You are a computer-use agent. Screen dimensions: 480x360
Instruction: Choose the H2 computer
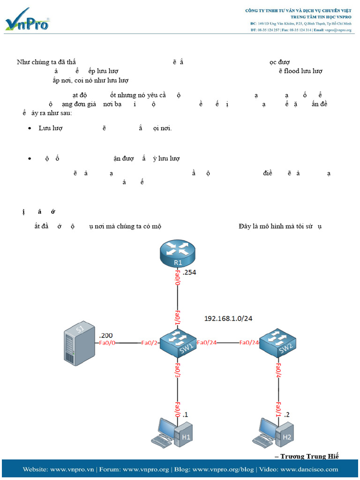(276, 433)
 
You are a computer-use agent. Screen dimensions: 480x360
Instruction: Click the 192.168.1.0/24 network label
(228, 318)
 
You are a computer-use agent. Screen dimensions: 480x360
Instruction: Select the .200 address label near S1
(106, 335)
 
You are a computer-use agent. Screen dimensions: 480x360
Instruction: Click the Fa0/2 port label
(150, 343)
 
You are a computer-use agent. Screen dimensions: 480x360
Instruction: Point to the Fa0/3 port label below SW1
(178, 371)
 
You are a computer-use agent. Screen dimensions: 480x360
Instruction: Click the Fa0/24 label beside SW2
(249, 343)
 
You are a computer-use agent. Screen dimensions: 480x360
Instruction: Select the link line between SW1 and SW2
(229, 343)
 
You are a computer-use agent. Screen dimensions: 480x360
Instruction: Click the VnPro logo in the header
(27, 21)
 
